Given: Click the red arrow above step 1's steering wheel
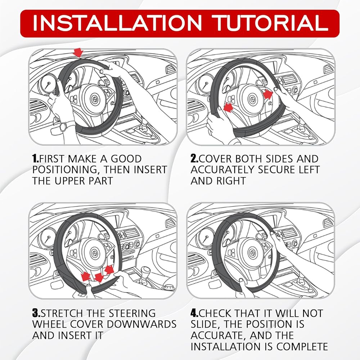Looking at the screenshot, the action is [x=78, y=53].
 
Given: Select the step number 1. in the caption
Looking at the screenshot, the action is [x=36, y=159].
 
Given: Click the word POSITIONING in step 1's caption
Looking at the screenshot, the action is [x=66, y=170].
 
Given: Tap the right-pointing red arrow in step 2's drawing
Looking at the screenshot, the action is [x=268, y=94].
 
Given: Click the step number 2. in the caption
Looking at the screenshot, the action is [x=195, y=159].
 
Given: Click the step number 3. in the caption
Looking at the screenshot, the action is [x=36, y=313].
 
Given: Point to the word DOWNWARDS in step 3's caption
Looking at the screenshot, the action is [x=141, y=324].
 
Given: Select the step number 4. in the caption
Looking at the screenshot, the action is [x=195, y=313].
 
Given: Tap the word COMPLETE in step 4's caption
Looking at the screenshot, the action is [x=302, y=346].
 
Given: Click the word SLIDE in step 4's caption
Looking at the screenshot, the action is [x=205, y=324].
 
